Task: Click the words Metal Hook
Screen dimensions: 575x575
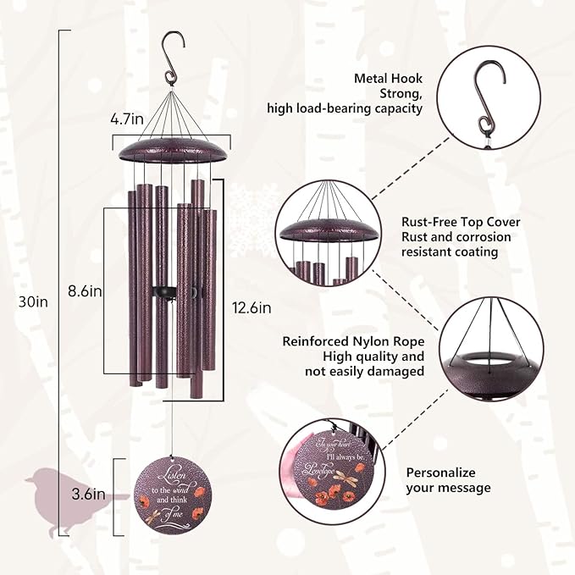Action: (389, 79)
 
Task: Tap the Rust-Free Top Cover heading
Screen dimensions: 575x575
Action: (461, 222)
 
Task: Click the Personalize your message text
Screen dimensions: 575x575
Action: (448, 480)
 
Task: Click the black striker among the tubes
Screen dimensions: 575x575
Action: (162, 292)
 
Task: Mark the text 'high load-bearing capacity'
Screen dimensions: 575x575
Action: (344, 108)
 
